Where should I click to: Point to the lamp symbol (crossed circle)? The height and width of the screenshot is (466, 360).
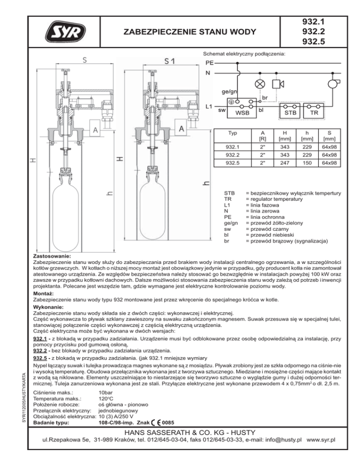258,83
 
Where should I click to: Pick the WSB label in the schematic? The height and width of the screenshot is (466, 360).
242,113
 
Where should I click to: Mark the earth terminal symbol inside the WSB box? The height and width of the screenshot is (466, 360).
232,101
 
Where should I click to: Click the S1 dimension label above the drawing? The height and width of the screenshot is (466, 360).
169,61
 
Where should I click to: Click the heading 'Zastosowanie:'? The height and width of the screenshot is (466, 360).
52,257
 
